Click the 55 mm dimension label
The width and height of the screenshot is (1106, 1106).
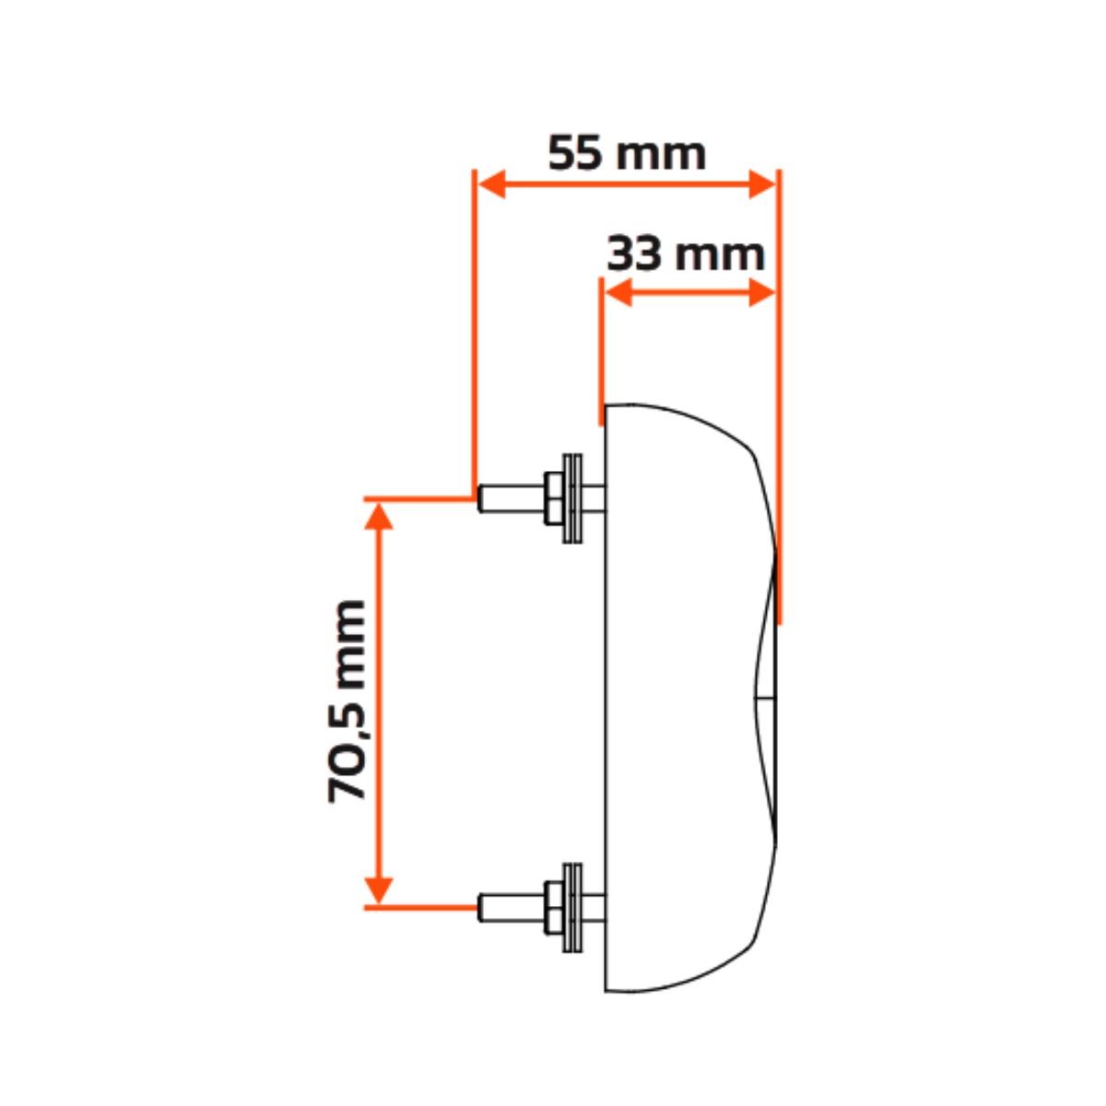(626, 153)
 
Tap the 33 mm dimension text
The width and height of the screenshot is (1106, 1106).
(686, 253)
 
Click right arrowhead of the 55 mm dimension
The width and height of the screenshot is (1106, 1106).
(762, 184)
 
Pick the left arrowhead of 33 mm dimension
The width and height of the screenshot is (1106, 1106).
(618, 292)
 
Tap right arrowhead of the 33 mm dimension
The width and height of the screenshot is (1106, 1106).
(762, 292)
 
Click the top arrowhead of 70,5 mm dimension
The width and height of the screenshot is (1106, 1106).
(379, 515)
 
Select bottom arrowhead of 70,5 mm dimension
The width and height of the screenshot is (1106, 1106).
(379, 890)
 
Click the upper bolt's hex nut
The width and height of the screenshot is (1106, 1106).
(553, 499)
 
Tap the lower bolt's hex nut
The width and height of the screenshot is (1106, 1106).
(553, 907)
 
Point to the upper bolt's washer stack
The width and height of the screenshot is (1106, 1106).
(572, 499)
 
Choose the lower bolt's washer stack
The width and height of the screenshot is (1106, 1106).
(572, 907)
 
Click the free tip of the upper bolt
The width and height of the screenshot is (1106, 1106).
(479, 499)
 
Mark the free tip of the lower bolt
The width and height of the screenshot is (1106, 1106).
(479, 907)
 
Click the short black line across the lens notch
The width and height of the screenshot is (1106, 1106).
(764, 699)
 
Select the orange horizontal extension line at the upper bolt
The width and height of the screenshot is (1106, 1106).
(419, 500)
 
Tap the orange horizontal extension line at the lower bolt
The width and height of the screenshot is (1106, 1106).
(420, 908)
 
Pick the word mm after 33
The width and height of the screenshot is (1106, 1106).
(721, 256)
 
